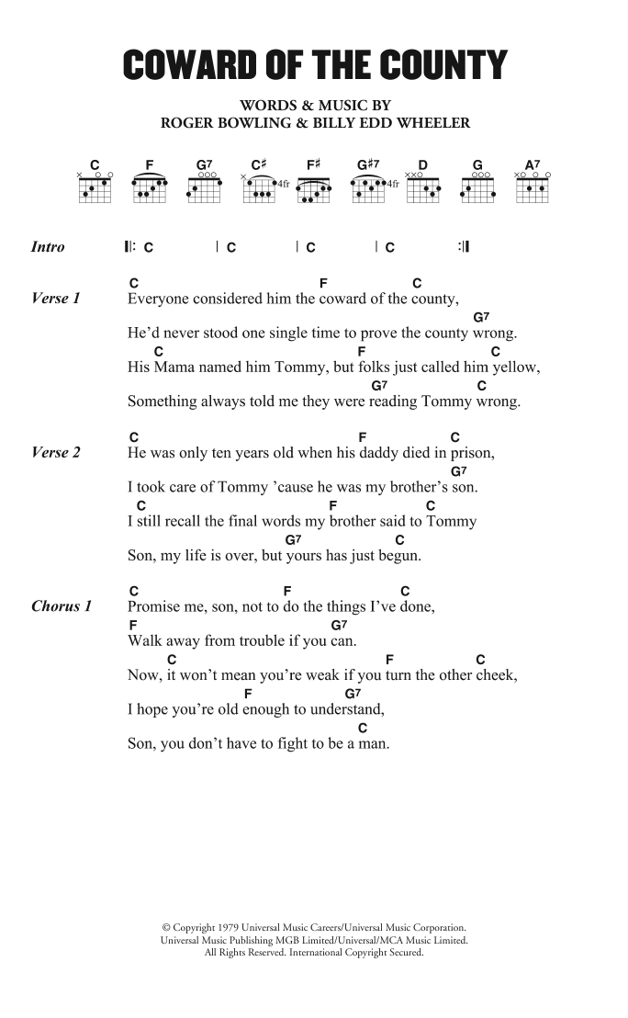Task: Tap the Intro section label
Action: [x=48, y=246]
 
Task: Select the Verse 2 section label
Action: [x=56, y=452]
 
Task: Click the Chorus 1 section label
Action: [x=62, y=605]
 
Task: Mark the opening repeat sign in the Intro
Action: [x=131, y=246]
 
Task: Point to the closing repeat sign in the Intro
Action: [x=464, y=246]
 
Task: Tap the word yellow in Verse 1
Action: [x=515, y=367]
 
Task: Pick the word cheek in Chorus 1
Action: [x=497, y=674]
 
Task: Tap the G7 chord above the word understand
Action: [x=353, y=693]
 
